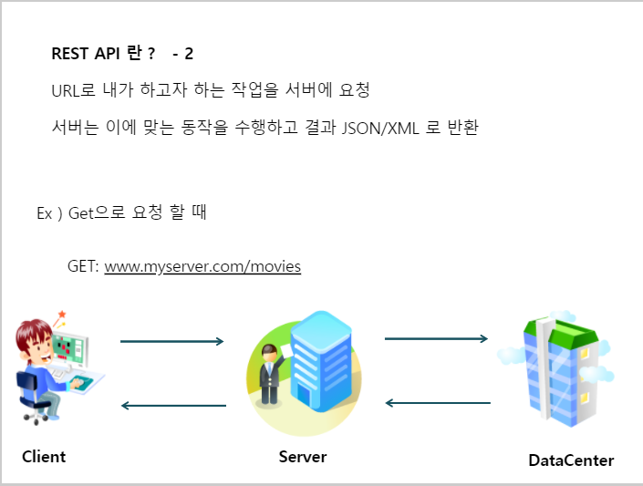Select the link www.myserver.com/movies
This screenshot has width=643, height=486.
(x=202, y=267)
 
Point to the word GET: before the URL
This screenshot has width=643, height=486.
(x=83, y=267)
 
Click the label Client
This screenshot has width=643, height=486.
(x=44, y=457)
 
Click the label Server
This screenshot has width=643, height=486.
(x=303, y=456)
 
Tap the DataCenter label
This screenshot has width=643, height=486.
(x=571, y=460)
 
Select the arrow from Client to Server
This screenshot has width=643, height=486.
(x=171, y=341)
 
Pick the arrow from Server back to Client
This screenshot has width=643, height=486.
(x=173, y=406)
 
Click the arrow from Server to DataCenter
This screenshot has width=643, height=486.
(x=437, y=338)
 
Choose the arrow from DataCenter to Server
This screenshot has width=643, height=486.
(x=438, y=402)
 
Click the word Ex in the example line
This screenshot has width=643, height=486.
(x=44, y=214)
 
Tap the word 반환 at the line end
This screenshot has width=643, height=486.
(x=460, y=127)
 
